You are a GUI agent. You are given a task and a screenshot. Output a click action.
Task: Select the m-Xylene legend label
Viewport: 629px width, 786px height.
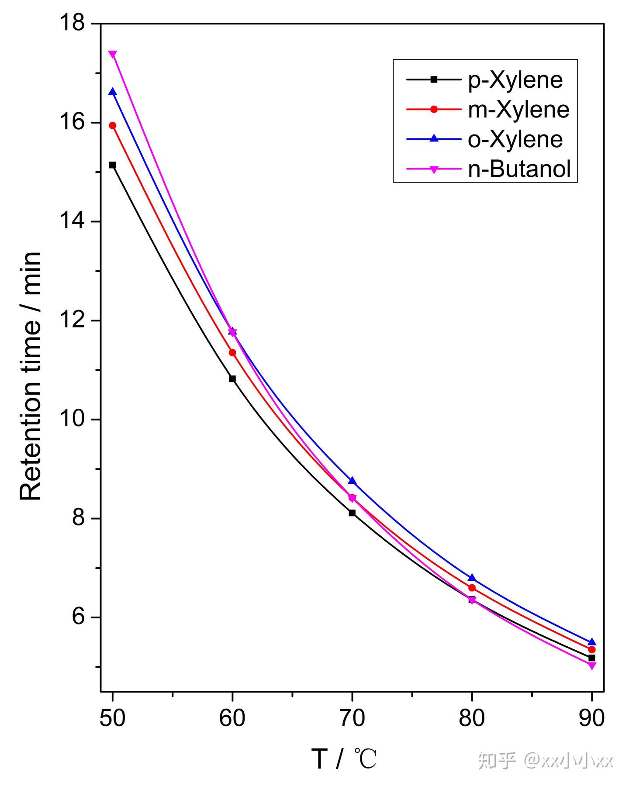pos(518,109)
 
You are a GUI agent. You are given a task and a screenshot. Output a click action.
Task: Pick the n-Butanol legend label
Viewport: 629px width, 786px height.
pos(519,169)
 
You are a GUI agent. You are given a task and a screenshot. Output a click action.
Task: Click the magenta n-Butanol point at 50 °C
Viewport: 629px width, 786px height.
pos(113,54)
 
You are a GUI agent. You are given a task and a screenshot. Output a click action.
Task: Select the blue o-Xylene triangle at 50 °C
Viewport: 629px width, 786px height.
pos(113,92)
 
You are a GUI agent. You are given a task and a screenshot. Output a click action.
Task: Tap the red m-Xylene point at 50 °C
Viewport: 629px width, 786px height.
pos(113,126)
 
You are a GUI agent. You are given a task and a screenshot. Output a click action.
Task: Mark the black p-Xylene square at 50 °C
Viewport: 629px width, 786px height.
pos(113,165)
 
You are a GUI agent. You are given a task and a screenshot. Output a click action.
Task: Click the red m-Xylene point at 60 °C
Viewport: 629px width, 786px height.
pos(232,352)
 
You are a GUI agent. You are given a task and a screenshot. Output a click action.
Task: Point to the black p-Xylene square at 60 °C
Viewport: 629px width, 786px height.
pos(232,379)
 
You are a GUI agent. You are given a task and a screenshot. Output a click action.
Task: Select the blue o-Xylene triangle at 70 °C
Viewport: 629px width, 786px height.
pos(352,481)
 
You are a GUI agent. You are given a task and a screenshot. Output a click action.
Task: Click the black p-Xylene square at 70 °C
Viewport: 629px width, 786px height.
pos(352,513)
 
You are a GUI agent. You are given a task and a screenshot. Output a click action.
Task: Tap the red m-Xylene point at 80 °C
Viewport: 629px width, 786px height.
pos(472,588)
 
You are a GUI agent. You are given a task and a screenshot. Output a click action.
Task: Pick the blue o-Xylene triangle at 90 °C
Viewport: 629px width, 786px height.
pos(592,642)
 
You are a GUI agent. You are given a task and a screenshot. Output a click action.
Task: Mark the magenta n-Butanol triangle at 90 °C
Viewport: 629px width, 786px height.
pos(592,665)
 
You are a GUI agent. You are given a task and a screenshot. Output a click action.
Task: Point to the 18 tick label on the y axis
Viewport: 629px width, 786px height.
pos(73,23)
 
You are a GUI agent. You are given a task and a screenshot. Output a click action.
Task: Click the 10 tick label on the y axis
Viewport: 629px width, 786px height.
pos(73,419)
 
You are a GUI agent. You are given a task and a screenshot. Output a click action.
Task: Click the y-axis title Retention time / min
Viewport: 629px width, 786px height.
pos(31,376)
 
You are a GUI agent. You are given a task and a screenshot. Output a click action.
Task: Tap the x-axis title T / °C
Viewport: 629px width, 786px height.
pos(344,759)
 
